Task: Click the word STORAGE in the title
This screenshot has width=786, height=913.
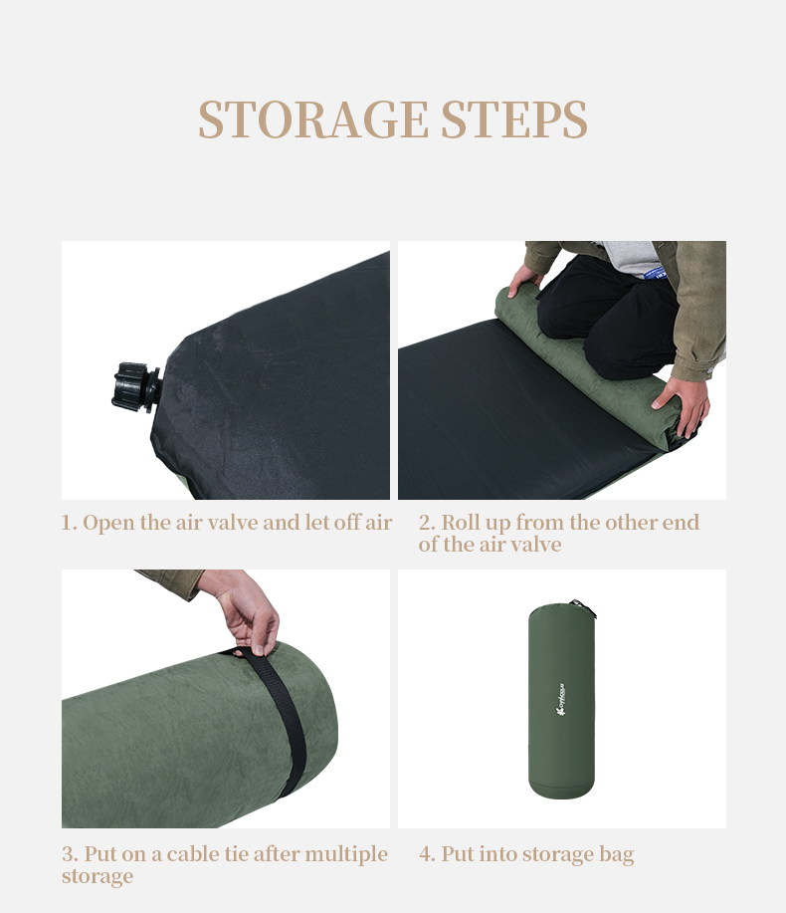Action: tap(312, 119)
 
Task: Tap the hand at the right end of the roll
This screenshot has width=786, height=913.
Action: tap(685, 403)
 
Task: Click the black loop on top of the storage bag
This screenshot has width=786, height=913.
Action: tap(579, 605)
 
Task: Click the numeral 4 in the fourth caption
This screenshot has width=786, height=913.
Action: tap(426, 854)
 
